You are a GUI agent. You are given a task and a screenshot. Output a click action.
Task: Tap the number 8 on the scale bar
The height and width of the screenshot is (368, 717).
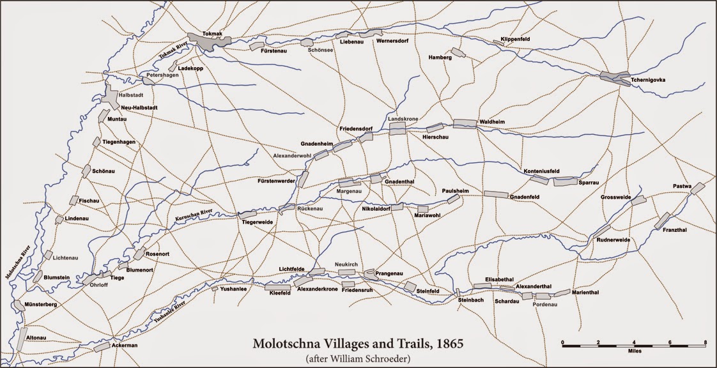(x=705, y=343)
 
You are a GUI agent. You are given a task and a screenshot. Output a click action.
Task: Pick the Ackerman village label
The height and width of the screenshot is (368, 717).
(x=124, y=345)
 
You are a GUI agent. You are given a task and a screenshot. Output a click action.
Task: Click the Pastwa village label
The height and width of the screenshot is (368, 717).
(x=682, y=186)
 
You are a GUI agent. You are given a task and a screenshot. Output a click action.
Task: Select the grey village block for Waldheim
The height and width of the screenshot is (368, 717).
(x=465, y=123)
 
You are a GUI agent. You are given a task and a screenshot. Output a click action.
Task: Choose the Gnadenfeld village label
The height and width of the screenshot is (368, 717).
(x=526, y=197)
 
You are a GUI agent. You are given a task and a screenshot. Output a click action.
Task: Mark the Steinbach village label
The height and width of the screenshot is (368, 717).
(x=472, y=300)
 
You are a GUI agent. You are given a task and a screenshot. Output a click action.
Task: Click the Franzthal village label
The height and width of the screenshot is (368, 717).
(x=675, y=230)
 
